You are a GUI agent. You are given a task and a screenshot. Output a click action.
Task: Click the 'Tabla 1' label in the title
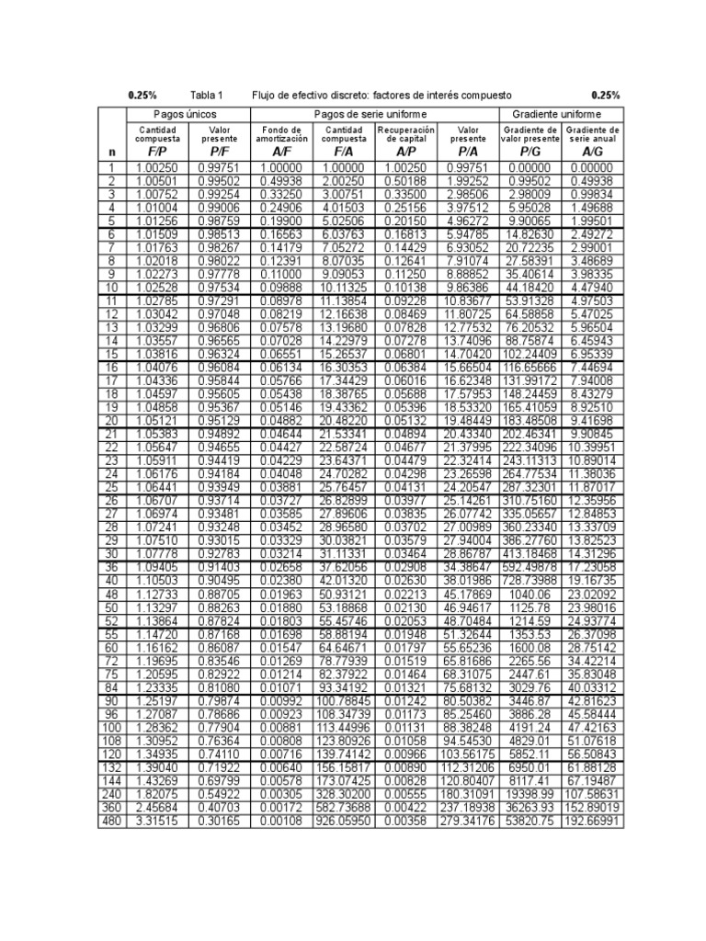(207, 95)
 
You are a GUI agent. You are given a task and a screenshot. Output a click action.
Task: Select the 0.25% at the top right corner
(605, 95)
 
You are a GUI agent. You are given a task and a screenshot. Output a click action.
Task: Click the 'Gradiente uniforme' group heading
(560, 113)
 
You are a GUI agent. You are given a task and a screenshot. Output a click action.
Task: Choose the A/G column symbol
(592, 150)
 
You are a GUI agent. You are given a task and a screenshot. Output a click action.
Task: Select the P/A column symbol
(468, 150)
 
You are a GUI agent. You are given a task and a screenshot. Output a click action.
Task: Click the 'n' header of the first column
(112, 151)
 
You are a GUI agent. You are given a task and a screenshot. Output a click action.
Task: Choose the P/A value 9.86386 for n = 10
(468, 287)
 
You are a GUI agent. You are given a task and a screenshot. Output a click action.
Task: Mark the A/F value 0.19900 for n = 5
(281, 221)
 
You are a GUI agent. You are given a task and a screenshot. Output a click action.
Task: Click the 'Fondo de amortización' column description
(281, 134)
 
